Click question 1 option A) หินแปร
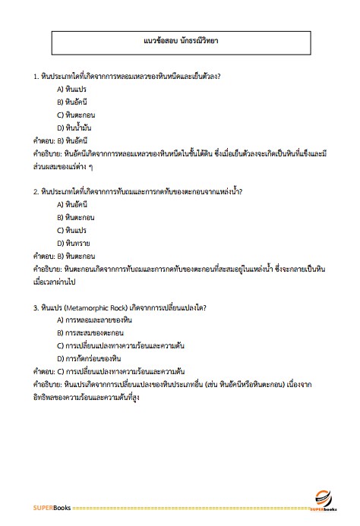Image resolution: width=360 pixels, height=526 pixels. pos(73,89)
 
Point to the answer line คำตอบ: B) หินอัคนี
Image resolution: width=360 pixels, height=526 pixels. pos(61,140)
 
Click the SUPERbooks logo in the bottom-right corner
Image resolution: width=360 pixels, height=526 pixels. pos(323,498)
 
